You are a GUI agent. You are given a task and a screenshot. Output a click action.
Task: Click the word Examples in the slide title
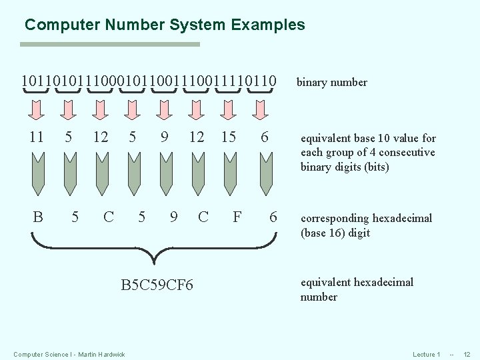coord(268,25)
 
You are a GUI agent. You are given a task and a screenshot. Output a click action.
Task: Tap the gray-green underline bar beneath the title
coord(110,45)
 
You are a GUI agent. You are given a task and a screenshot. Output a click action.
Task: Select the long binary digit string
coord(148,81)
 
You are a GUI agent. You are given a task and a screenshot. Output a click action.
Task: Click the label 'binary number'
coord(331,83)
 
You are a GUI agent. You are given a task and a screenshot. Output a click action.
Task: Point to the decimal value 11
coord(37,137)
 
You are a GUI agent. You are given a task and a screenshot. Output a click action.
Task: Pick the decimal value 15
coord(229,137)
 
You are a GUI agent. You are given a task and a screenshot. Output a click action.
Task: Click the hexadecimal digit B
coord(38,217)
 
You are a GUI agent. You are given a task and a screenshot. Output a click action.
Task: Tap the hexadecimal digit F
coord(237,217)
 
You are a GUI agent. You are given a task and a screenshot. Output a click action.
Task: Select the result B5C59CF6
coord(157,285)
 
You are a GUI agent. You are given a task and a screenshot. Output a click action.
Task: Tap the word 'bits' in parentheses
coord(376,167)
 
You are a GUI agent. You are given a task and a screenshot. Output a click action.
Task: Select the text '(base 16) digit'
coord(335,233)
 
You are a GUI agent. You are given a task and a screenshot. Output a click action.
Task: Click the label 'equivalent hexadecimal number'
coord(357,289)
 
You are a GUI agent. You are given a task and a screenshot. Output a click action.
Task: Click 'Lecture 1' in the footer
coord(427,354)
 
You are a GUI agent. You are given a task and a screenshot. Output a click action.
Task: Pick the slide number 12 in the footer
coord(467,354)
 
